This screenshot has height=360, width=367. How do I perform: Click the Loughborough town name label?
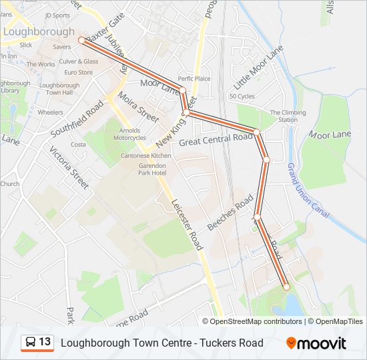[39, 31]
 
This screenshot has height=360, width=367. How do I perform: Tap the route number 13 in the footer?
[45, 342]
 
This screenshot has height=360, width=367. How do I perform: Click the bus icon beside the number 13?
[30, 343]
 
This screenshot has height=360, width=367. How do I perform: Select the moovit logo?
[316, 343]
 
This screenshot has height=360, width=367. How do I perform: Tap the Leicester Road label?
[186, 225]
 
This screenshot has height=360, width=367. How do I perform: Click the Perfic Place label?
[194, 79]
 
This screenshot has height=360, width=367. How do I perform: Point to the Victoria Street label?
[68, 167]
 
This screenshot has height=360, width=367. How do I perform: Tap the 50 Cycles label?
[242, 97]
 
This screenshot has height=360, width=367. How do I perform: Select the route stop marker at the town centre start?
[81, 40]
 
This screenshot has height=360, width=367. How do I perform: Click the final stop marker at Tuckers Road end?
[287, 287]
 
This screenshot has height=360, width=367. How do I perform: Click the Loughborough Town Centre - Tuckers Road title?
[161, 343]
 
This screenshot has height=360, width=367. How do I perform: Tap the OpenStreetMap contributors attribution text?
[256, 321]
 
